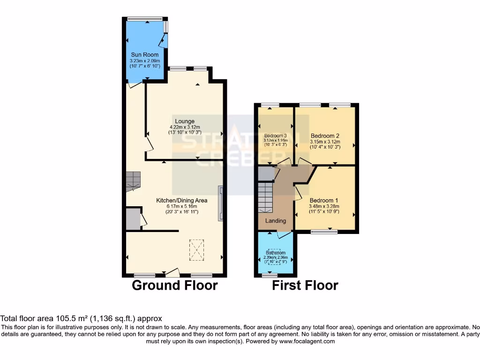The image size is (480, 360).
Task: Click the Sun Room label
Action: [x=144, y=55]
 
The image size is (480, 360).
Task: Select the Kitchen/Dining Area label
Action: [x=182, y=201]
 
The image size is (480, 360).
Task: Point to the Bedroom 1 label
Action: [x=324, y=200]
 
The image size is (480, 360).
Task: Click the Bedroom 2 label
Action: [x=325, y=136]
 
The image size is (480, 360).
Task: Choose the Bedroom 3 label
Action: [x=275, y=136]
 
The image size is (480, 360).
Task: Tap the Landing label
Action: [x=275, y=221]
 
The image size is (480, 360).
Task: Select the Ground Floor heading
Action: [x=175, y=285]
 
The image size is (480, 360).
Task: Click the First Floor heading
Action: [x=305, y=285]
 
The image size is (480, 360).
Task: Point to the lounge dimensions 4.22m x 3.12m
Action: [x=185, y=127]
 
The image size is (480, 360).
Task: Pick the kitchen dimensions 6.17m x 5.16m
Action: [x=182, y=206]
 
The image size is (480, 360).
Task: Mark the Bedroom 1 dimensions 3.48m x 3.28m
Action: [x=324, y=206]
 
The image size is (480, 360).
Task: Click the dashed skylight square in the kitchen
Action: [x=197, y=250]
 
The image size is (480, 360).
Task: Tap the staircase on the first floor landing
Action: [x=265, y=197]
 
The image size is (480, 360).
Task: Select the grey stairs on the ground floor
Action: [x=133, y=181]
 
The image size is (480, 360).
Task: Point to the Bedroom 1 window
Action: [x=324, y=232]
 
